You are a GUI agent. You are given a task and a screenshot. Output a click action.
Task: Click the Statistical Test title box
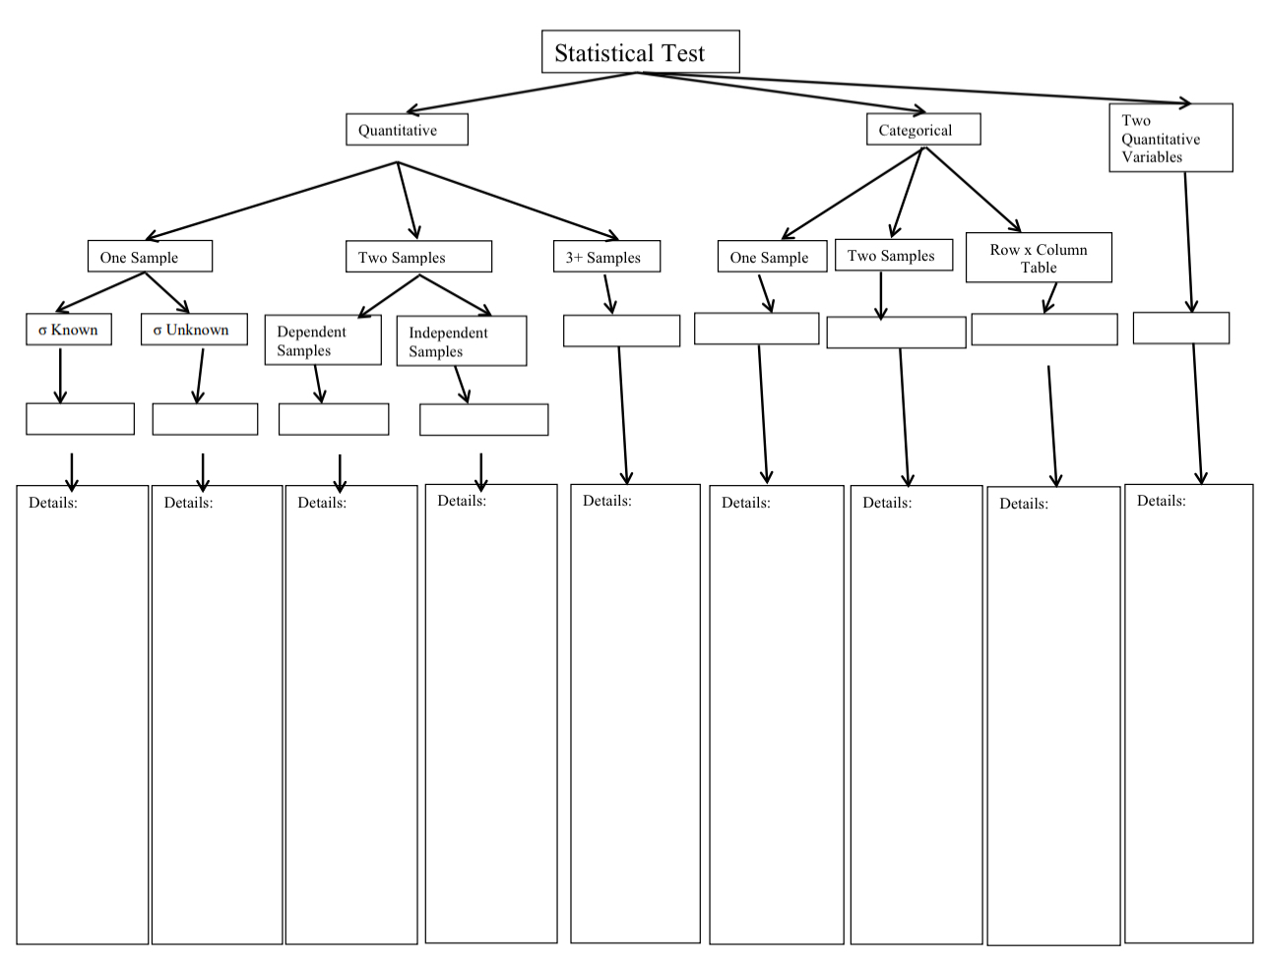tap(640, 52)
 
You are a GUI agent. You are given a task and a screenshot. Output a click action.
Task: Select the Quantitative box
tap(407, 130)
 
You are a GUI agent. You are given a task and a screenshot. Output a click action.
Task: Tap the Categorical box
tap(922, 130)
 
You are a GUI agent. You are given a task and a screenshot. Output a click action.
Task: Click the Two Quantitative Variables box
tap(1170, 138)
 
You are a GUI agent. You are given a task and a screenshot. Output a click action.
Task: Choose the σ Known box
tap(69, 330)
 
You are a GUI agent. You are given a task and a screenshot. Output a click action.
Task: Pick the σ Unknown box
tap(194, 330)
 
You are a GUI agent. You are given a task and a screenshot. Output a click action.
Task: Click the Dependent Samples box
tap(323, 340)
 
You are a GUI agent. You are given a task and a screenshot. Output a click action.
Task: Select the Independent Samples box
tap(461, 341)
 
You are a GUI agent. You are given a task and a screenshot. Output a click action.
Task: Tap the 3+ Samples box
tap(606, 257)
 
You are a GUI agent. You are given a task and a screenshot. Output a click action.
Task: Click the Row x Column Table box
tap(1039, 258)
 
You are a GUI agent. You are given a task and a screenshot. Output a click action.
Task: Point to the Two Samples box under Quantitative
tap(418, 257)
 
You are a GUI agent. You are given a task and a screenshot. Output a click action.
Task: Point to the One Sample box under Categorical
tap(772, 257)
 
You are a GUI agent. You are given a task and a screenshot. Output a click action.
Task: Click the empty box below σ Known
tap(80, 419)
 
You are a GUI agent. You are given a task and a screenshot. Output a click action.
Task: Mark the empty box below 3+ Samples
tap(621, 331)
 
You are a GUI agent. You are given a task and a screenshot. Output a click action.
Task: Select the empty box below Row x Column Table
tap(1043, 330)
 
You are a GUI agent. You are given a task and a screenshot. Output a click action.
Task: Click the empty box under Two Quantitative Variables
tap(1180, 329)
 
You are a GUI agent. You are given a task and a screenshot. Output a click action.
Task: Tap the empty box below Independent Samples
tap(483, 420)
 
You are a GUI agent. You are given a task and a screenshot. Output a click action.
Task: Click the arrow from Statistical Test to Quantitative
tap(522, 92)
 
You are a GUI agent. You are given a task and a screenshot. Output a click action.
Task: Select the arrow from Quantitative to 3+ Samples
tap(507, 200)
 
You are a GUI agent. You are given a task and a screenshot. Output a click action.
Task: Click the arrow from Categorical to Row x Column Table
tap(972, 189)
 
